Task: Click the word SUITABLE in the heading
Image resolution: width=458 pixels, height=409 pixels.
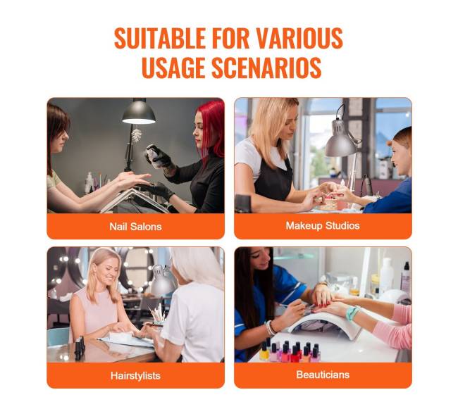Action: point(160,38)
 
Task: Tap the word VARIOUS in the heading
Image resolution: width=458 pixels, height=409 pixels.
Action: point(299,38)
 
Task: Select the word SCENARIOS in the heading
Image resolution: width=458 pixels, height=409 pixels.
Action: point(266,68)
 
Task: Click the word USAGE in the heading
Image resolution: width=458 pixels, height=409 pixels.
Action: point(173,68)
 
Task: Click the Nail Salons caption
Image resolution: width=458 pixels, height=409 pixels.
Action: point(135,227)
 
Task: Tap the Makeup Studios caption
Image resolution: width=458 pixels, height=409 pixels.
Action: point(323,225)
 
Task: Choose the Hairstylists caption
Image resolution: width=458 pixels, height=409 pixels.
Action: point(135,375)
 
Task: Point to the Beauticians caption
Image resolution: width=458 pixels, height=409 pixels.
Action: point(323,375)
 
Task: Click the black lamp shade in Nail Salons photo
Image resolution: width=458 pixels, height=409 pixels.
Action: point(139,114)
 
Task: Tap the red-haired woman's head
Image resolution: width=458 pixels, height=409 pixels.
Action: point(208,125)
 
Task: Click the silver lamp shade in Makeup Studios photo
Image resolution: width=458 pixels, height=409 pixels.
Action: point(340,141)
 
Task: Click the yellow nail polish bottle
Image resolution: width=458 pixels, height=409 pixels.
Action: point(264,351)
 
